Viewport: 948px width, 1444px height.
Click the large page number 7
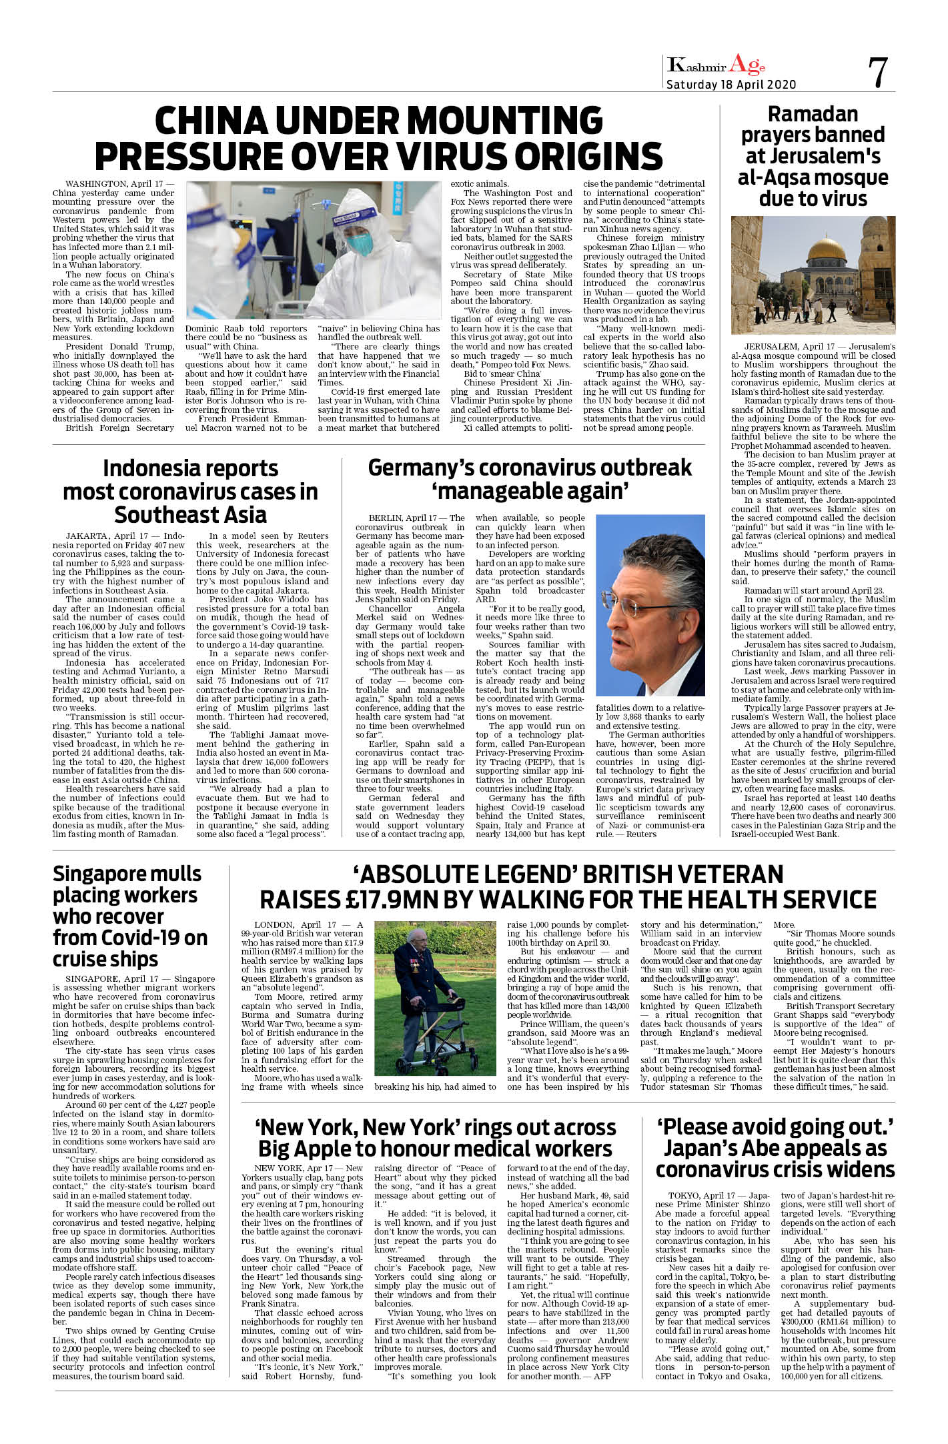pos(878,73)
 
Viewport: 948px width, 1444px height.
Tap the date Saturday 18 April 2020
pos(731,85)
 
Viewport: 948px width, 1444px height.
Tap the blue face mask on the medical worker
pos(360,243)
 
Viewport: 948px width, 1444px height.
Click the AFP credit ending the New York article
pos(602,1376)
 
